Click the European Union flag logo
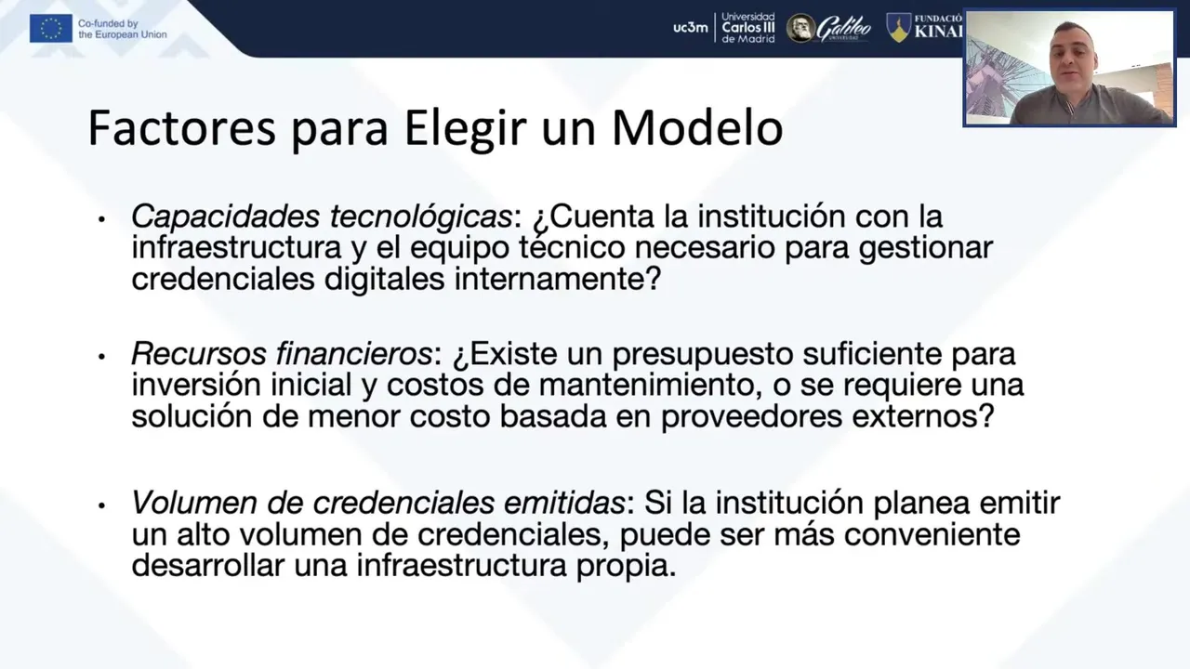pos(51,28)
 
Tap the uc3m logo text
pos(690,28)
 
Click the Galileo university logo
pos(828,28)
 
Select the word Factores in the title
pos(181,128)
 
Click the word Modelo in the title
pos(697,128)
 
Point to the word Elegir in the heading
pos(465,130)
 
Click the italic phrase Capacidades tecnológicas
pos(322,217)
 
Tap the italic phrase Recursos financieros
pos(282,354)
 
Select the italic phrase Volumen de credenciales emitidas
pos(377,503)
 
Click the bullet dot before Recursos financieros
pos(101,357)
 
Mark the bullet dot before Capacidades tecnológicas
pos(101,219)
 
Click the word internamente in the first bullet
pos(557,279)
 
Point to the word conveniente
pos(932,534)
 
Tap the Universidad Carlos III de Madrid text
pos(748,28)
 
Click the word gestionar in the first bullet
pos(926,248)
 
